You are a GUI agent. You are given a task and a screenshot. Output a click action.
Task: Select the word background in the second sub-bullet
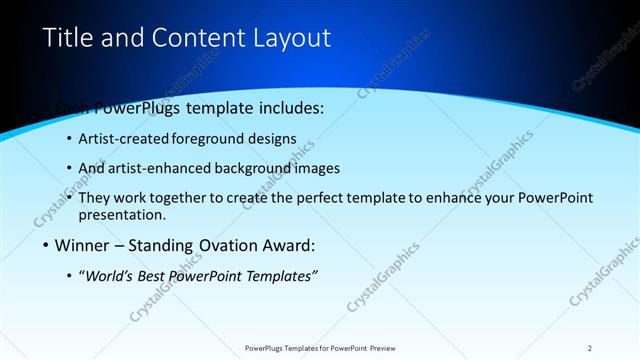(245, 168)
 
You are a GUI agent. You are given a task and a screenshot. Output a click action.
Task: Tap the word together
(191, 198)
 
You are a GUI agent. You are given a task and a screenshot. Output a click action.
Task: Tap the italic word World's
(107, 277)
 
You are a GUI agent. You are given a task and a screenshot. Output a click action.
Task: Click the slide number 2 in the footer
(590, 348)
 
